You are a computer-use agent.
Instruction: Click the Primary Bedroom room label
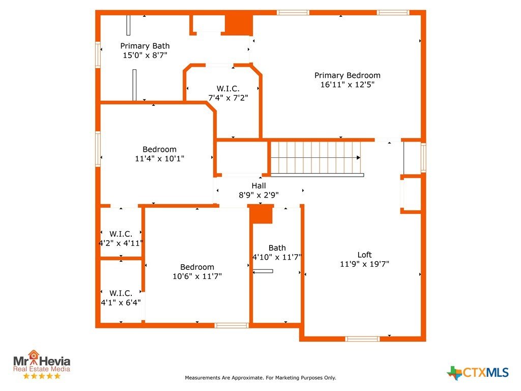click(347, 75)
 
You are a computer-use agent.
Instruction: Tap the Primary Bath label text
click(145, 46)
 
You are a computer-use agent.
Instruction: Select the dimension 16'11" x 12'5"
click(347, 85)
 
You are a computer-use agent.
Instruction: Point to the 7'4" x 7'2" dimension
click(228, 98)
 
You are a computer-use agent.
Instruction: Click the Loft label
click(364, 255)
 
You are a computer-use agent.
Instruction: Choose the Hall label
click(258, 185)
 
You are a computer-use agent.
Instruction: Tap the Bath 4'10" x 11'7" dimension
click(277, 257)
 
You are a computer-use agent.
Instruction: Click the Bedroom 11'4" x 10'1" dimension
click(159, 159)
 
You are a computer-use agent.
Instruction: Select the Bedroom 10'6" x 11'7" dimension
click(197, 276)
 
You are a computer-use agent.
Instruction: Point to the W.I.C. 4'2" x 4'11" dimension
click(121, 243)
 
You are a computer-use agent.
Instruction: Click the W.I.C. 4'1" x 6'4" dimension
click(121, 302)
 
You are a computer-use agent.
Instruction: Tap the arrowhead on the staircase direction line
click(359, 158)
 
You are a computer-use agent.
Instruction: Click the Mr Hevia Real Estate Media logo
click(42, 364)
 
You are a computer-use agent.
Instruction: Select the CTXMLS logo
click(478, 373)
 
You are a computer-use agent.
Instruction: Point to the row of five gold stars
click(42, 376)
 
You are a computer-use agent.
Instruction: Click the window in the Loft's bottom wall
click(362, 339)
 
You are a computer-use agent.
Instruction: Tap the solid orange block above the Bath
click(261, 214)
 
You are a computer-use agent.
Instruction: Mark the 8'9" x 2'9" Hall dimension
click(258, 195)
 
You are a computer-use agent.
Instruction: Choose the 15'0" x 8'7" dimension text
click(145, 55)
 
